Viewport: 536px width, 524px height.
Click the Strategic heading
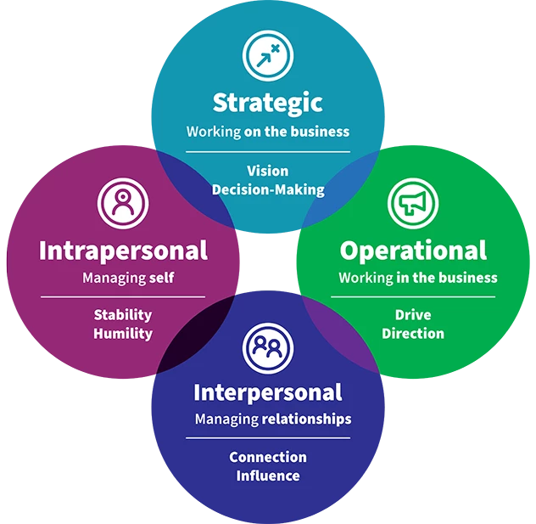tap(267, 104)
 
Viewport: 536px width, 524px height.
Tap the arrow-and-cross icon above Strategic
tap(268, 55)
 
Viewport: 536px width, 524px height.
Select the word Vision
tap(267, 171)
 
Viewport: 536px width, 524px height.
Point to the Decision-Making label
tap(267, 189)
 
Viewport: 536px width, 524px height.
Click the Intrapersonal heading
tap(123, 251)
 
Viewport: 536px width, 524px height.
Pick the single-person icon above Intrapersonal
tap(123, 201)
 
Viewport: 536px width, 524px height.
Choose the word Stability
tap(123, 315)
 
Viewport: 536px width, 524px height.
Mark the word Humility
tap(123, 334)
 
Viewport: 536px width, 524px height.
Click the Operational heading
tap(413, 251)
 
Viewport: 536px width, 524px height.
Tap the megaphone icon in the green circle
tap(413, 202)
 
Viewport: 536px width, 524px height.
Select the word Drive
tap(413, 315)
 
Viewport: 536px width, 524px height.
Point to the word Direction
tap(413, 334)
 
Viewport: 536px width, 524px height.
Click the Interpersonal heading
tap(268, 392)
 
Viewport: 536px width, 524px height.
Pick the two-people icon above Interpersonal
tap(268, 345)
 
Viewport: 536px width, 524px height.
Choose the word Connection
tap(268, 457)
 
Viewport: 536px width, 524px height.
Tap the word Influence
tap(268, 476)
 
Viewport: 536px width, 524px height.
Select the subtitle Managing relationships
tap(273, 419)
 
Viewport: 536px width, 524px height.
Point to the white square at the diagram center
tap(268, 262)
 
